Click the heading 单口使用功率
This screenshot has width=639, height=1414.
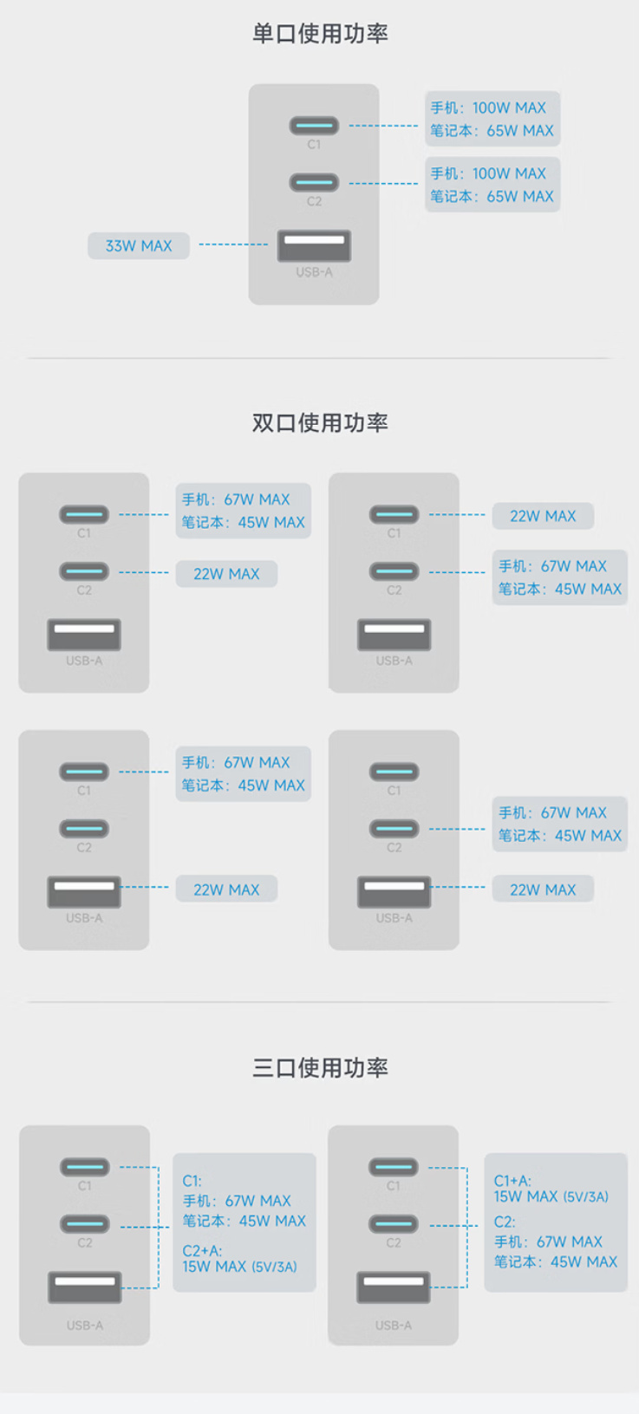tap(320, 34)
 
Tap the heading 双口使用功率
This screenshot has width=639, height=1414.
tap(320, 422)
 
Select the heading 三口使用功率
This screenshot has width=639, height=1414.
tap(320, 1067)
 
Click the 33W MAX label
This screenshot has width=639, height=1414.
tap(138, 245)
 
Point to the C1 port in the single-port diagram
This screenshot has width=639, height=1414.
tap(314, 126)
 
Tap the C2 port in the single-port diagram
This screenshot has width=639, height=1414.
tap(314, 182)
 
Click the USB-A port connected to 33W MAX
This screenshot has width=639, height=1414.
tap(314, 245)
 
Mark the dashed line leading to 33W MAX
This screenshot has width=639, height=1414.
tap(233, 244)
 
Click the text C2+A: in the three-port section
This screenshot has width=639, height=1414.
tap(202, 1250)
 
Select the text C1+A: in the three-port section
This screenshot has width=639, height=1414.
tap(512, 1181)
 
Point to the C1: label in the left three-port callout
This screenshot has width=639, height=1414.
tap(192, 1181)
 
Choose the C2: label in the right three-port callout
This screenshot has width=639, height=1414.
tap(505, 1222)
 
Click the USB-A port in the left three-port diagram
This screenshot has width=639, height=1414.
tap(85, 1287)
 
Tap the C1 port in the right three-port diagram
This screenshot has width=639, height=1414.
tap(394, 1167)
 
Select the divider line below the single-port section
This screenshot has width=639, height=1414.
tap(319, 358)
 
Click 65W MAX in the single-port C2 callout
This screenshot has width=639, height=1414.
tap(519, 196)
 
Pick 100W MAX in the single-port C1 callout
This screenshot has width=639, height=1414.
tap(509, 108)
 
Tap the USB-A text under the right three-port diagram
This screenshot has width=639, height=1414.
tap(394, 1326)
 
